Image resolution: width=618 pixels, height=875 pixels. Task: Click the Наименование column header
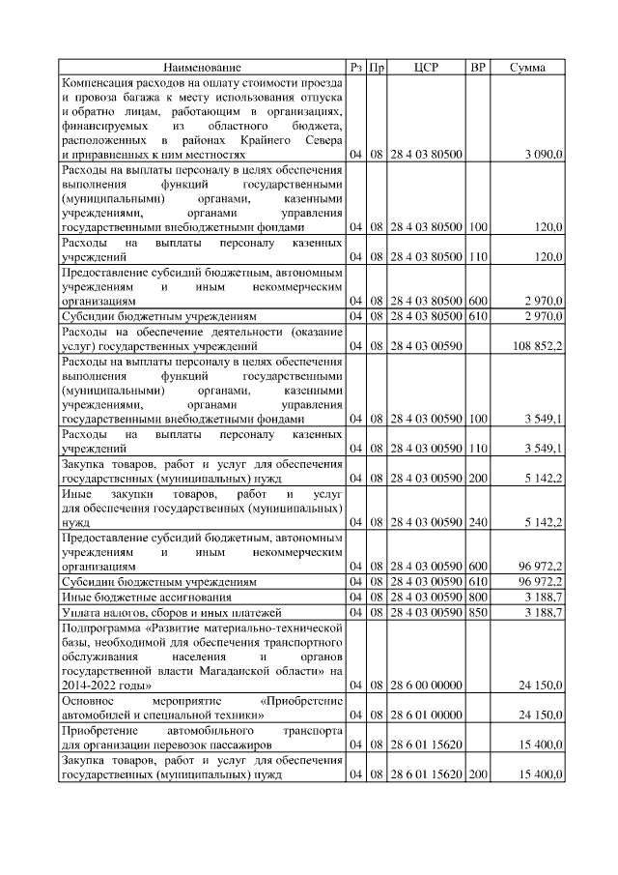click(x=202, y=69)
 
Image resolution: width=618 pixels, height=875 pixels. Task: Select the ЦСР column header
click(x=426, y=69)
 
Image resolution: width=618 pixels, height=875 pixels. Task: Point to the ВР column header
click(x=477, y=69)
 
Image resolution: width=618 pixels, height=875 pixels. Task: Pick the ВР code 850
click(x=477, y=611)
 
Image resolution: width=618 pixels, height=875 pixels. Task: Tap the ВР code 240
click(x=477, y=522)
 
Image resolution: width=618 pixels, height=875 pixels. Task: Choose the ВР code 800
click(x=477, y=598)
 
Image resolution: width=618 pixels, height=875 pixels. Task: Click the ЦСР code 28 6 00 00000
click(x=426, y=685)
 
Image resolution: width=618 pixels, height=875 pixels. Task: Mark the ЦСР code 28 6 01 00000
click(x=426, y=715)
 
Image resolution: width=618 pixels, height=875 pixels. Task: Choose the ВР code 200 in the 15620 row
click(x=477, y=775)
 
